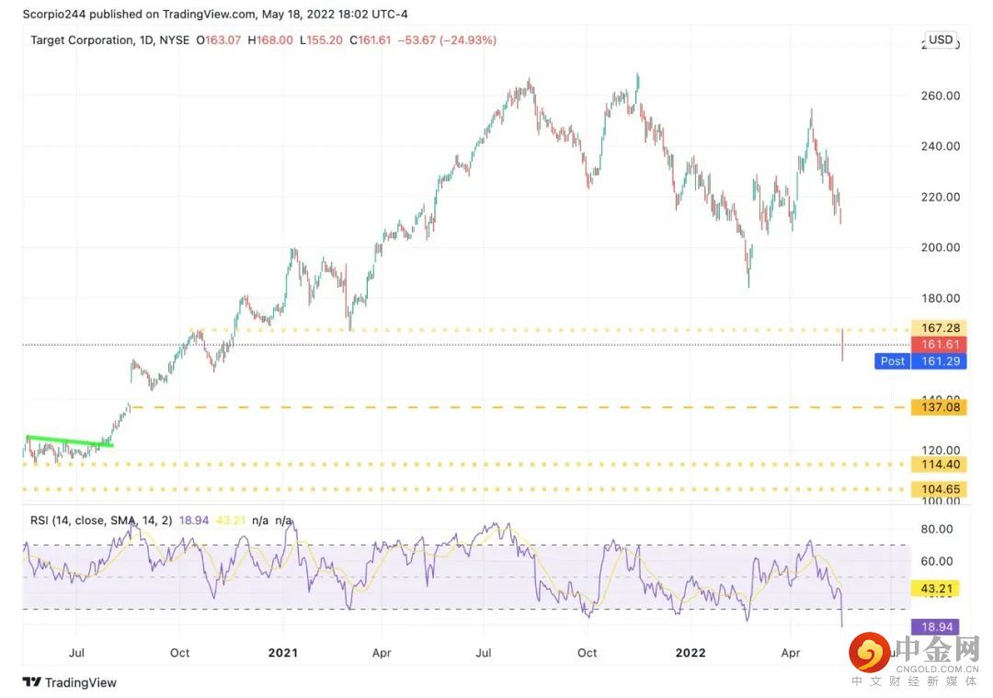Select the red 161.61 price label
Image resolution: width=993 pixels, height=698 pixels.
pos(937,345)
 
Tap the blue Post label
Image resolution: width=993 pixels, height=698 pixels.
pos(892,361)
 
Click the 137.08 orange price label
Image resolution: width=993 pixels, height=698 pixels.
pos(937,406)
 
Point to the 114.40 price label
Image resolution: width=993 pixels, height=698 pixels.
pos(937,465)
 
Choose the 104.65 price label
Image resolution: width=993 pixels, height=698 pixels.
pos(937,489)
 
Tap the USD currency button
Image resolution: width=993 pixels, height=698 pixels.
pos(941,40)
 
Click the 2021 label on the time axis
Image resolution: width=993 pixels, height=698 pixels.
pos(281,653)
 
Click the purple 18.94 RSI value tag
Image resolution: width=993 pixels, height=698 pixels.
pos(933,627)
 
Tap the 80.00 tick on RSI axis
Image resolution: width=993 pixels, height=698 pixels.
pos(937,529)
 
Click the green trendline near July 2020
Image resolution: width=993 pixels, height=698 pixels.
pos(70,441)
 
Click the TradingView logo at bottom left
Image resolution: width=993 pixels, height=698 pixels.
pos(70,682)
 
